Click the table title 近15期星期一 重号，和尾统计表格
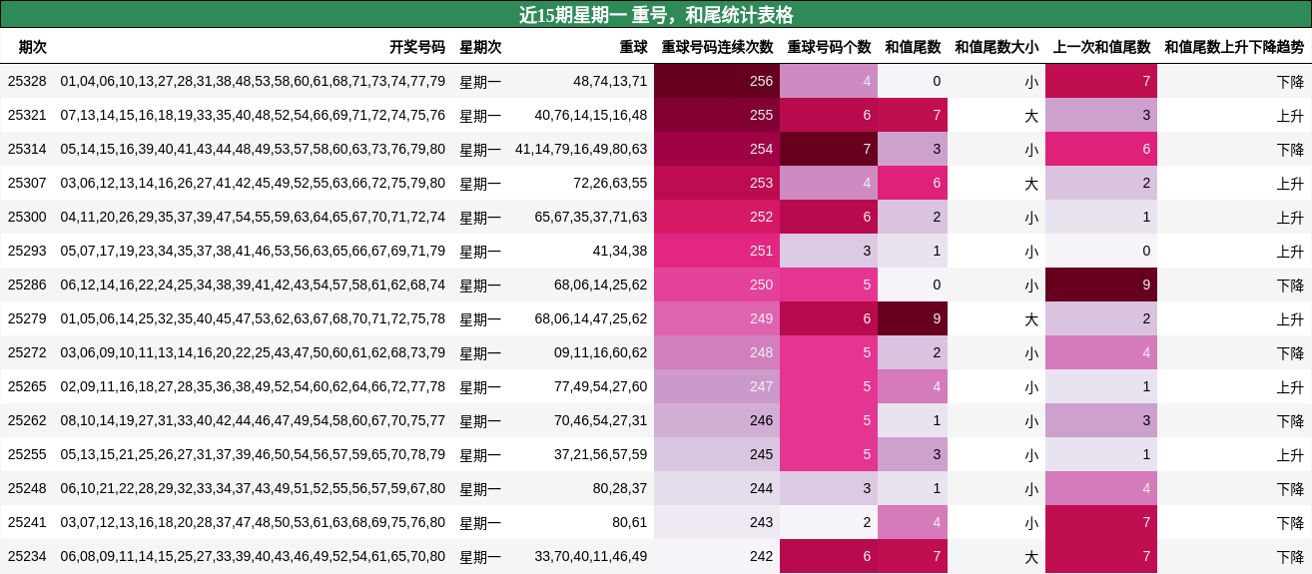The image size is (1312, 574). (x=656, y=15)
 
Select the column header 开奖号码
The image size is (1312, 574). (x=416, y=47)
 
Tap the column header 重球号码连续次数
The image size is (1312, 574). (x=717, y=47)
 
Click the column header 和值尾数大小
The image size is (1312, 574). (x=995, y=47)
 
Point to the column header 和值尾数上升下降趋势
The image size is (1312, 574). (x=1233, y=47)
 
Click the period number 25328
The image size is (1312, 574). (x=27, y=81)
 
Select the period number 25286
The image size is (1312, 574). (x=27, y=285)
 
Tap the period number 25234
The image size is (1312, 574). (x=27, y=556)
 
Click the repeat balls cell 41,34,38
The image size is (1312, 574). (x=619, y=251)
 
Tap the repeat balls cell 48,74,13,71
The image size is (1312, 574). (x=610, y=81)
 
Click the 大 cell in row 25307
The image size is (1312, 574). (x=1030, y=183)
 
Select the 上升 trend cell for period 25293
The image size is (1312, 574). (x=1289, y=251)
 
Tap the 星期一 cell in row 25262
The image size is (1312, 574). (x=480, y=420)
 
